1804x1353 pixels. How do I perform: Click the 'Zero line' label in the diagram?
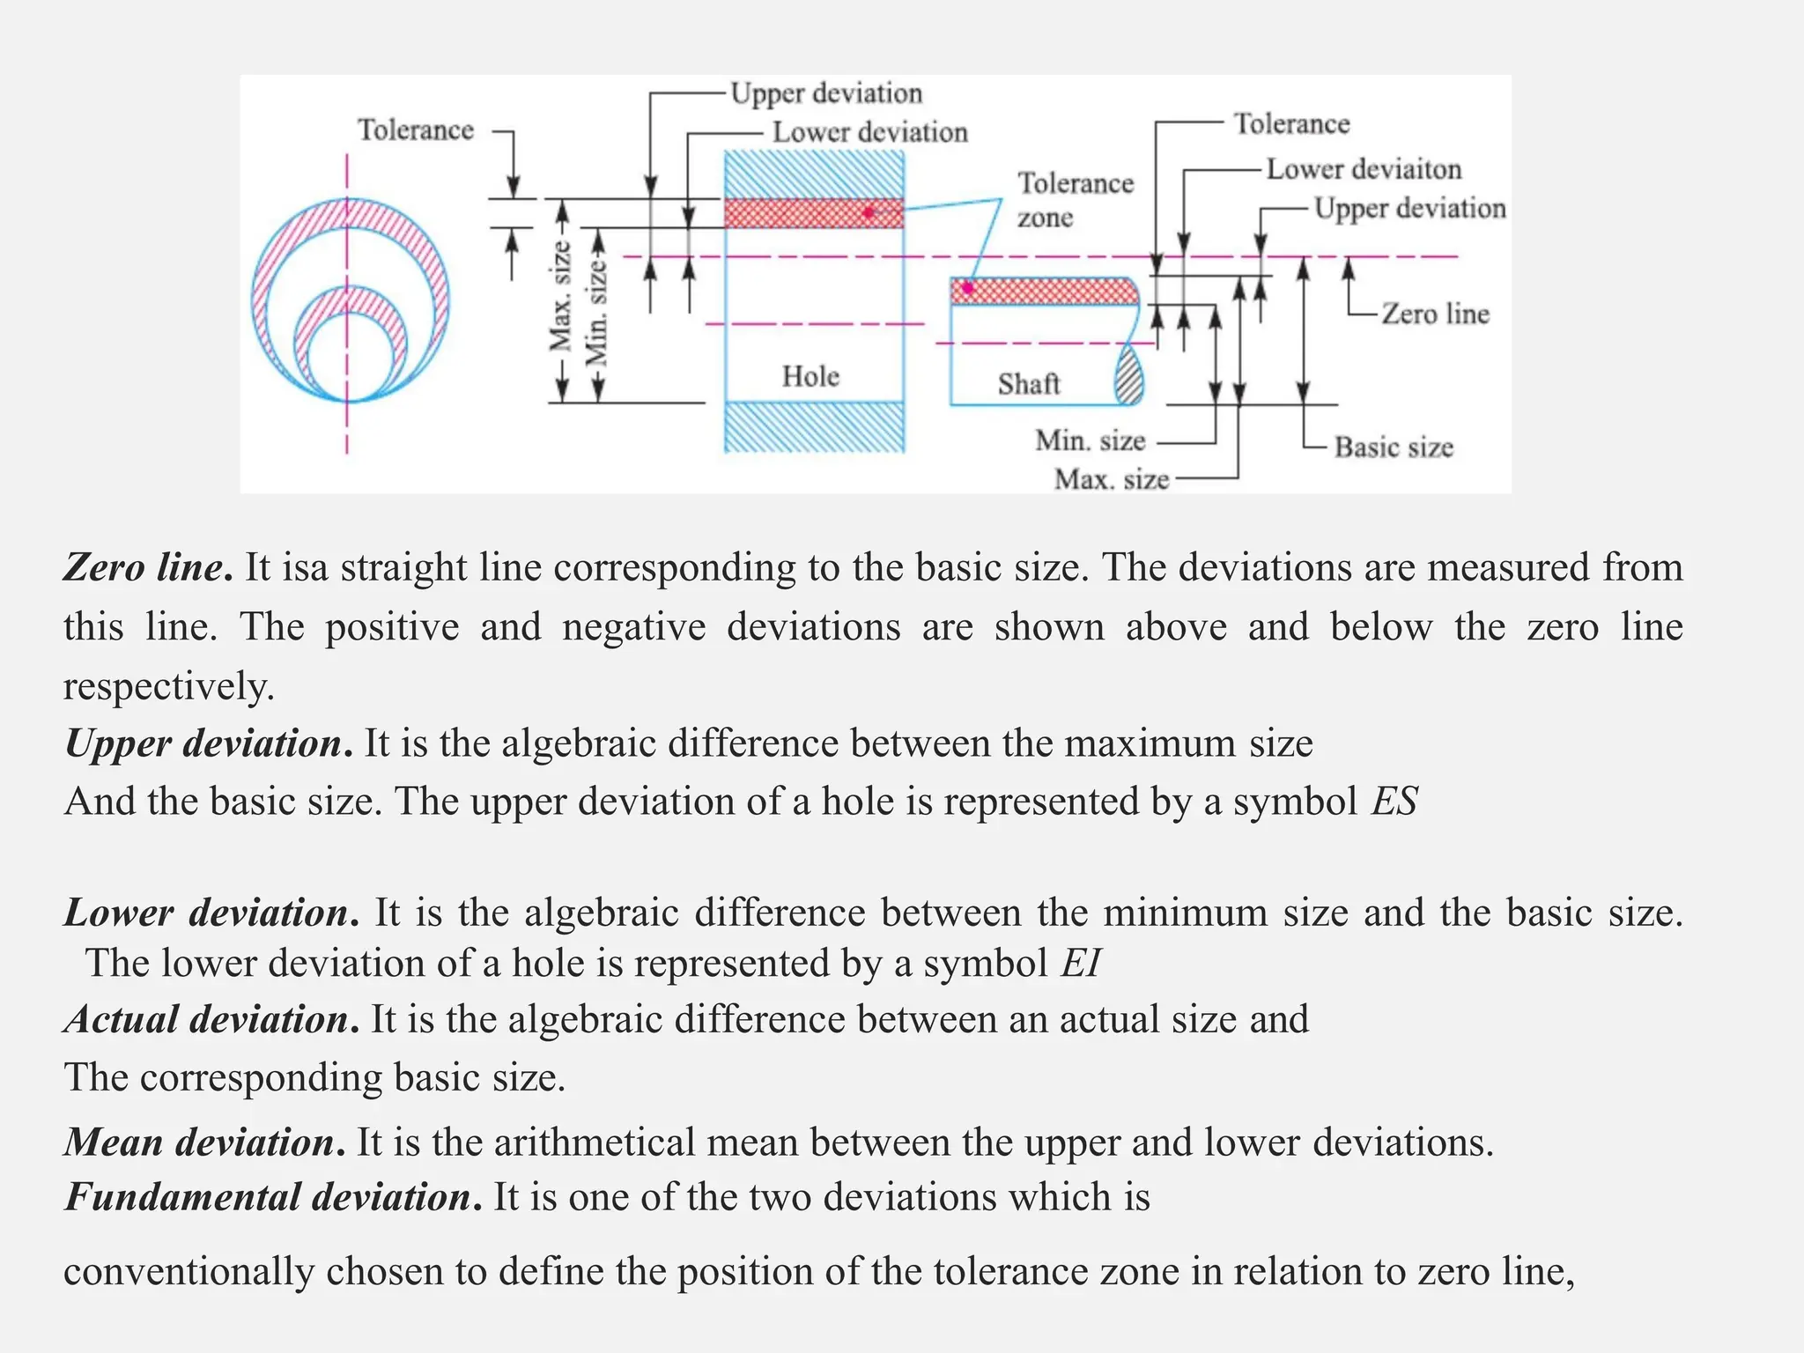(1435, 314)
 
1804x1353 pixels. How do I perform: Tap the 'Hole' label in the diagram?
(810, 376)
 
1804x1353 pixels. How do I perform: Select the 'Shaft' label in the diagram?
(1028, 384)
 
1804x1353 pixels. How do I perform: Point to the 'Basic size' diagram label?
(1394, 447)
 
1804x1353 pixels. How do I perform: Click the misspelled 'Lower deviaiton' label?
(1364, 169)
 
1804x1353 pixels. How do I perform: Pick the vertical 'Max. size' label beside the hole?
(560, 295)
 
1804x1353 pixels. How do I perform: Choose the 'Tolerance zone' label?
(1075, 200)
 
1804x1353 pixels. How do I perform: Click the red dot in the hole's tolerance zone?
(869, 212)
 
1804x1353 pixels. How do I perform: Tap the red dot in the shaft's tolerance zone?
(967, 287)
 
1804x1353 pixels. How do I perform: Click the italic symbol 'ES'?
(1394, 802)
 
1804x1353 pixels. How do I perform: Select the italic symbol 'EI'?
(1081, 963)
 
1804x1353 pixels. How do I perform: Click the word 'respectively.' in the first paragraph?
(169, 686)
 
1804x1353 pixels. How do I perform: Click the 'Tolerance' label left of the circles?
(415, 130)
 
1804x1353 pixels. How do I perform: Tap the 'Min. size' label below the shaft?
(1090, 440)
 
